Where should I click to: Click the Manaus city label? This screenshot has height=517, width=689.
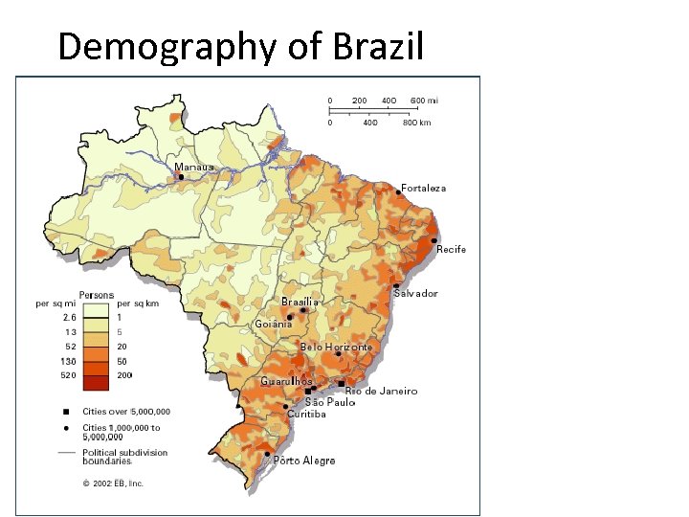tap(194, 167)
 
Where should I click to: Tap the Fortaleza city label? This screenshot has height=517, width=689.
tap(423, 189)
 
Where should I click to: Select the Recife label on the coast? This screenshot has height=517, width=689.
tap(451, 250)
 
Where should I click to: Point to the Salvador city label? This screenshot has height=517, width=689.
tap(415, 294)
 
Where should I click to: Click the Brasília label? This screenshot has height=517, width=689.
tap(300, 302)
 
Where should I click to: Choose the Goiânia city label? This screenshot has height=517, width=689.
tap(274, 324)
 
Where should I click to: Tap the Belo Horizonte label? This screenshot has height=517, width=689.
tap(336, 347)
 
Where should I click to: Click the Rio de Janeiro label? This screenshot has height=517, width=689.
tap(381, 391)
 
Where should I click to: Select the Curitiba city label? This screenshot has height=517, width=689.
tap(306, 415)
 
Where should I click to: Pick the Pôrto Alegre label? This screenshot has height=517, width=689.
tap(304, 461)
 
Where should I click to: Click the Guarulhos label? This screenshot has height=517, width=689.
tap(286, 381)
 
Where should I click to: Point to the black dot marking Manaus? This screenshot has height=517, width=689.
tap(181, 176)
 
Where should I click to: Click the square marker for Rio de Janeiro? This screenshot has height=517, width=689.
tap(343, 383)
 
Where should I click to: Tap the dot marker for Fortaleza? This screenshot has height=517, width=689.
tap(398, 192)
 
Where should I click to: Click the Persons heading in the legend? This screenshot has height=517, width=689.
tap(97, 294)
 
